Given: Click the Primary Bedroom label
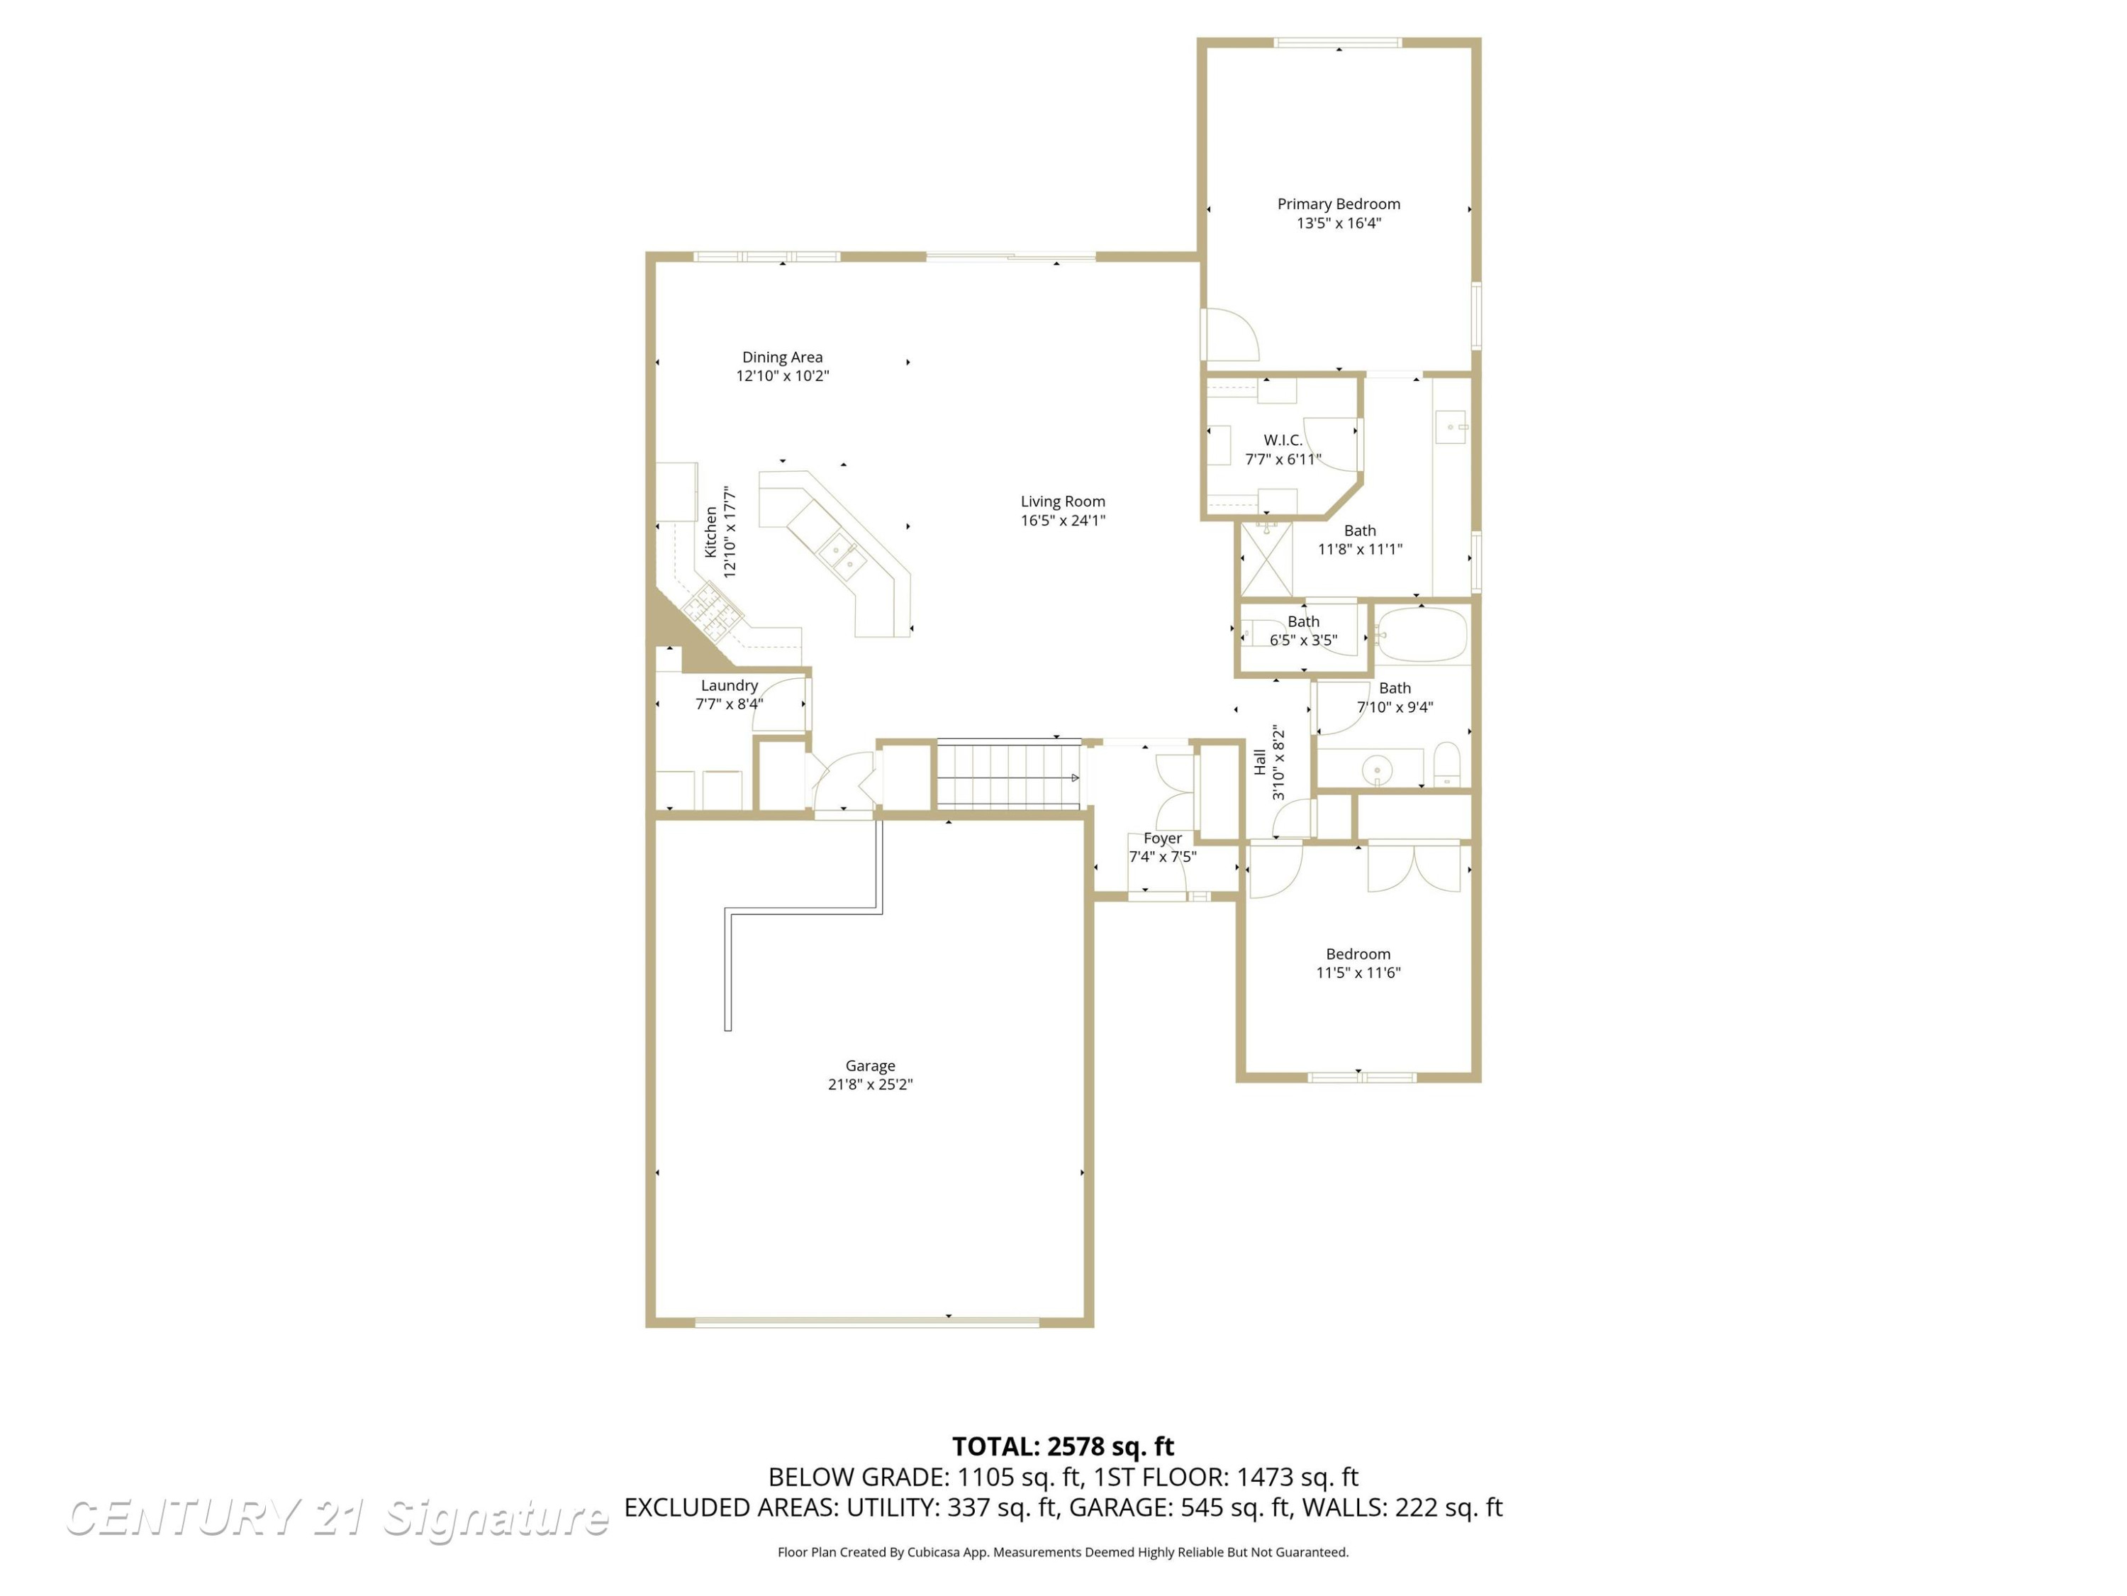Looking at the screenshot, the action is click(1339, 204).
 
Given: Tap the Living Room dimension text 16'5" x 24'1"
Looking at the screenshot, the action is click(1063, 521).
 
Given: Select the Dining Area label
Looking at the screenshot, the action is click(782, 357).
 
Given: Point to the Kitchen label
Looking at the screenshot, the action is click(710, 532).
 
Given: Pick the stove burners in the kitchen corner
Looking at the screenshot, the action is click(712, 610).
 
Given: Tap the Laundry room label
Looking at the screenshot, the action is click(729, 686).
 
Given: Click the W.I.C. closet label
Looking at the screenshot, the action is click(1283, 440).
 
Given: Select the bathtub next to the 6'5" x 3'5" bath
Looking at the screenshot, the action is click(1422, 634).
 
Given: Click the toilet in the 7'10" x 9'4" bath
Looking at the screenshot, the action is click(1447, 764).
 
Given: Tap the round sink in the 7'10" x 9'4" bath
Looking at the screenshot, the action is click(1378, 770).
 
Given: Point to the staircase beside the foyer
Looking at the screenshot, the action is click(1009, 775).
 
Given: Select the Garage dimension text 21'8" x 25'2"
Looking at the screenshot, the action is click(870, 1084).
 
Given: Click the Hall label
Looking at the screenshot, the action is click(1261, 762).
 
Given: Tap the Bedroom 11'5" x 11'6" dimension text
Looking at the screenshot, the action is click(1358, 972).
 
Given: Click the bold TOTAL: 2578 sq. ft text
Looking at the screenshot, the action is click(1063, 1446).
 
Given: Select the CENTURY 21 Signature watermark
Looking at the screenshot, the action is click(337, 1518).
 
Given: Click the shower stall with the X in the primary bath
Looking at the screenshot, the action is click(1266, 559).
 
